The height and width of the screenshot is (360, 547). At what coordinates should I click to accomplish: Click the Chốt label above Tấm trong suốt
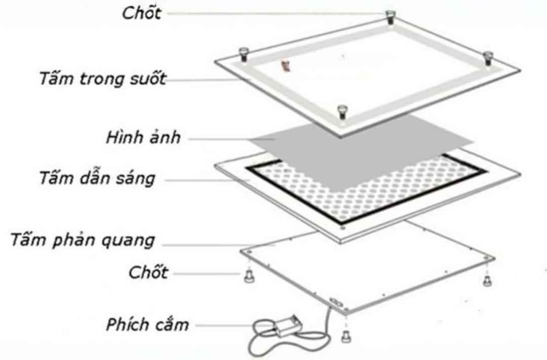141,13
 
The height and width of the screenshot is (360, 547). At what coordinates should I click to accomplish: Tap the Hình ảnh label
143,138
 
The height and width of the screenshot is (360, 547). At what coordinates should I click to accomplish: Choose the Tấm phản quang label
83,240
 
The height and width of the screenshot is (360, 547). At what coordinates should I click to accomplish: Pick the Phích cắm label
147,325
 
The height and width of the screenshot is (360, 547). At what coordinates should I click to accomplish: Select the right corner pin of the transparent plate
487,57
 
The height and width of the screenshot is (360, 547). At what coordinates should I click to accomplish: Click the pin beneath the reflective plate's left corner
248,276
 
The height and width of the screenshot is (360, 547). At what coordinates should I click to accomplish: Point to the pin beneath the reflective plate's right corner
487,279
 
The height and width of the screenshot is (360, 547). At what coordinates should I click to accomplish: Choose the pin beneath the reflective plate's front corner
346,334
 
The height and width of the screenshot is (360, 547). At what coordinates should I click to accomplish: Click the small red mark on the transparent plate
285,65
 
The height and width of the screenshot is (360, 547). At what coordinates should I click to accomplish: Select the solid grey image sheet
355,147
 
